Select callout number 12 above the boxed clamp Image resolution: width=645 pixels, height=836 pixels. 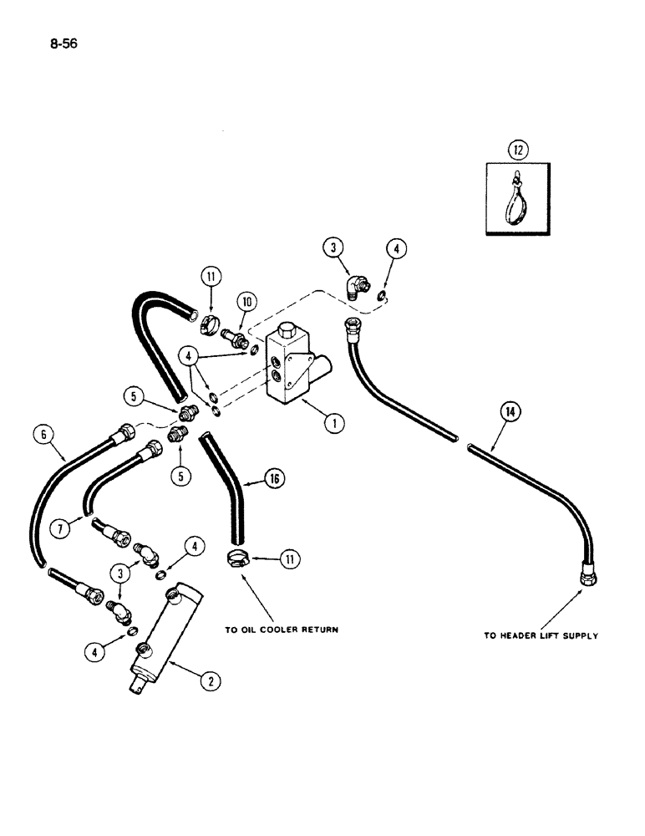[516, 151]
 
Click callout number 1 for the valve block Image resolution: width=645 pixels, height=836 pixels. [333, 423]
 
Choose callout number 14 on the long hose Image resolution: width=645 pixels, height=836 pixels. [509, 410]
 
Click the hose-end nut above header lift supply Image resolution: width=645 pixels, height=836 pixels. [585, 577]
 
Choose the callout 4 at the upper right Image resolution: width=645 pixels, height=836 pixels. [394, 247]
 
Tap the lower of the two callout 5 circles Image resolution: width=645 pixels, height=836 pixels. [183, 475]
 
